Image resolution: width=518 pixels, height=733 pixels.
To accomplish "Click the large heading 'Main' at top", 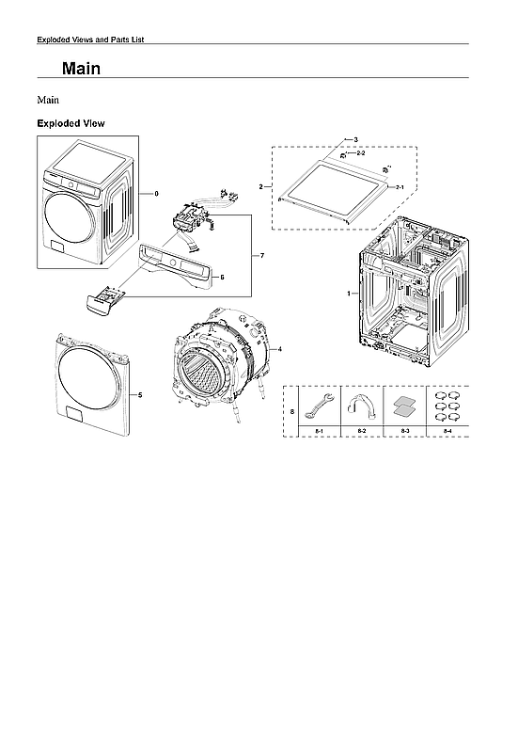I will tap(81, 70).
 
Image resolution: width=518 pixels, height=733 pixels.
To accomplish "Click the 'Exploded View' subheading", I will tap(71, 123).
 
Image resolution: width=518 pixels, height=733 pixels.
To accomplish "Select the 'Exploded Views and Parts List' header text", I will tap(89, 40).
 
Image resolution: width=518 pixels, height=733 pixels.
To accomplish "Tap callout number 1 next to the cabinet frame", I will tap(350, 295).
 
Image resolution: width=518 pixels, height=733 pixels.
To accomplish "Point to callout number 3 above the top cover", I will tap(355, 139).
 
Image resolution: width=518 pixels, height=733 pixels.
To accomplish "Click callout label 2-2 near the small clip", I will tap(361, 152).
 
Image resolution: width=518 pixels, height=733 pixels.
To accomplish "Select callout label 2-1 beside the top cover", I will tap(400, 188).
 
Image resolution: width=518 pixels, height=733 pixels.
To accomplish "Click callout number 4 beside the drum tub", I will tap(280, 348).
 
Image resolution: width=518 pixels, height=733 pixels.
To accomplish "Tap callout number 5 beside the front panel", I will tap(141, 395).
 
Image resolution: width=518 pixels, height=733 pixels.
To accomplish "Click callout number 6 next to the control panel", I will tap(222, 278).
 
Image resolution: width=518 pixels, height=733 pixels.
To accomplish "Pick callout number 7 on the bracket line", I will tap(262, 256).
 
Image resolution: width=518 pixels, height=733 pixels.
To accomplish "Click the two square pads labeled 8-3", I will tap(404, 406).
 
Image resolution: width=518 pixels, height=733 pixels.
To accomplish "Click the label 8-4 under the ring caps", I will tap(447, 430).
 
